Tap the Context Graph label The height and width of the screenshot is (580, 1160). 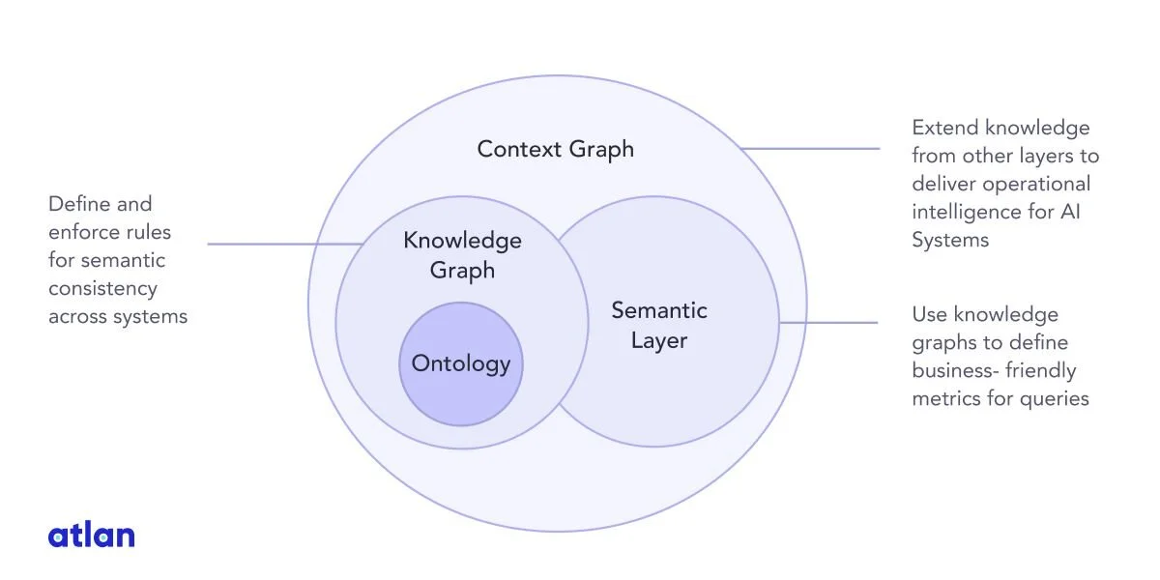click(x=555, y=150)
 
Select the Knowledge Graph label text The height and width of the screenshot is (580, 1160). click(x=462, y=255)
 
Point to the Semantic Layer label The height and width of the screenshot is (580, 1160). click(x=659, y=325)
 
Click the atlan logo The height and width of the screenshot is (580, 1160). click(x=92, y=535)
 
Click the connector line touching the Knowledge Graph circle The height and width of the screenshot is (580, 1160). click(x=285, y=244)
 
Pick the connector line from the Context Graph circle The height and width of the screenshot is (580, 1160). click(x=810, y=149)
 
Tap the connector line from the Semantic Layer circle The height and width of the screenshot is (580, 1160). click(x=828, y=323)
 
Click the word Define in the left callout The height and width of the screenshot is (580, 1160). click(x=76, y=204)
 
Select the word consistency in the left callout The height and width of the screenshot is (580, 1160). click(x=102, y=288)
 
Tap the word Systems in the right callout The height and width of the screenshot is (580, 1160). click(x=950, y=241)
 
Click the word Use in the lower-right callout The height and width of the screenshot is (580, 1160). click(x=930, y=315)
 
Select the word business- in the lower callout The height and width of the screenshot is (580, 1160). click(x=955, y=371)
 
